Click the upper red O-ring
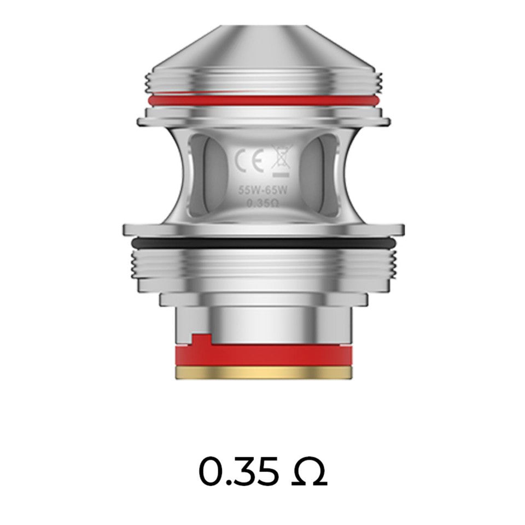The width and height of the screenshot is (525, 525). click(x=262, y=100)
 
